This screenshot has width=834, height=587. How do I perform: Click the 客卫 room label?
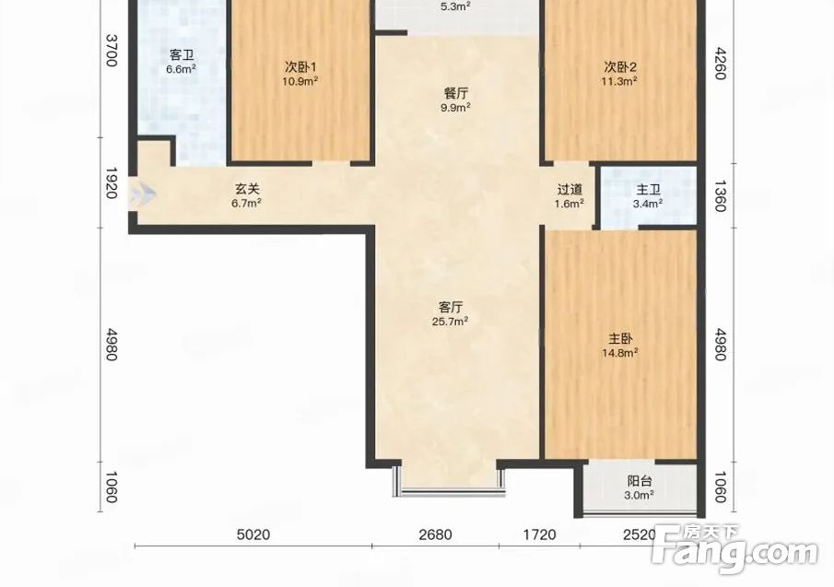tap(182, 54)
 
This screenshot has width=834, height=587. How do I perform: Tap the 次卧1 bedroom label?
tap(300, 67)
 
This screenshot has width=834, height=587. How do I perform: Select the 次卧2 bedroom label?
tap(619, 67)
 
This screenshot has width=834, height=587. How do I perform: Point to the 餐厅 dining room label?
tap(456, 94)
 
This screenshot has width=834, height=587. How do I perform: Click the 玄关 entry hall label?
tap(247, 189)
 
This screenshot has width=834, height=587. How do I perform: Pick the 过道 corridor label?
tap(570, 189)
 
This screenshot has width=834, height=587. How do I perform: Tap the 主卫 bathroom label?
tap(648, 190)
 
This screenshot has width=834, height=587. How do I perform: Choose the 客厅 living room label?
tap(451, 308)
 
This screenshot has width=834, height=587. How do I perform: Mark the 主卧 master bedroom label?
tap(620, 339)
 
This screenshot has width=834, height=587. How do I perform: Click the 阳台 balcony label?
tap(640, 482)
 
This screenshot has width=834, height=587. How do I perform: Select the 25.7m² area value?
tap(450, 322)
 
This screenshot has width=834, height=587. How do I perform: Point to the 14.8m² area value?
tap(620, 353)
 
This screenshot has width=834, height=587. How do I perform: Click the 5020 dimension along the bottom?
tap(253, 534)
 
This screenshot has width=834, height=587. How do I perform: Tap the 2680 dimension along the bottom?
tap(435, 534)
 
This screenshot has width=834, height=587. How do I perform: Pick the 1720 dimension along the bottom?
tap(539, 534)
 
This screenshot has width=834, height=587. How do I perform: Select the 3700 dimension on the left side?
tap(112, 51)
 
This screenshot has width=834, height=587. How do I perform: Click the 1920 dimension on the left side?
tap(112, 182)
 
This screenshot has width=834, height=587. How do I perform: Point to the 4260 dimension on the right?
tap(720, 64)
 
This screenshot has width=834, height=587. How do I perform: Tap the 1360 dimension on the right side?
tap(720, 195)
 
